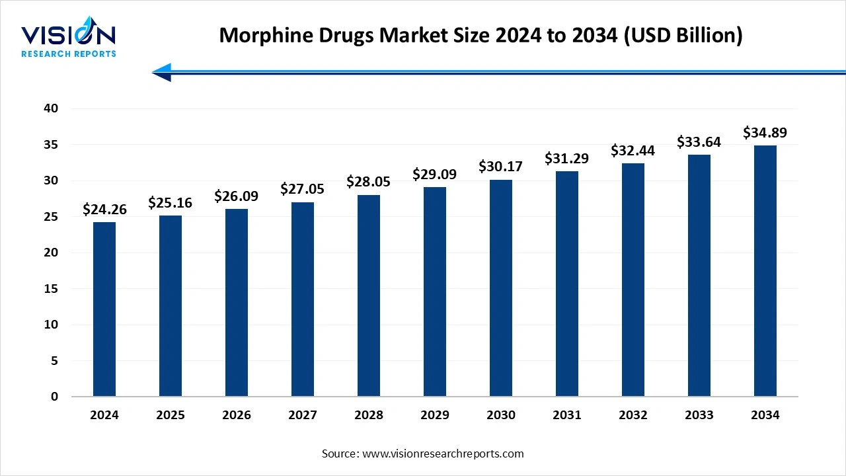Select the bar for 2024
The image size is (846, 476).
coord(104,309)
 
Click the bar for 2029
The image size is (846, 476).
coord(435,292)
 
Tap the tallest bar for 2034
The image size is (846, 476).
coord(765,271)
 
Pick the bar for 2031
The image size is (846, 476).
coord(567,284)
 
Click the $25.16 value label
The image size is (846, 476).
coord(171,202)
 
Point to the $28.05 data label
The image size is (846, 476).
coord(369,182)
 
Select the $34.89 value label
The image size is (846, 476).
coord(765,132)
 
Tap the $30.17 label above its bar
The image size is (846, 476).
coord(501,167)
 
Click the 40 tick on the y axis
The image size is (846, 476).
coord(51,108)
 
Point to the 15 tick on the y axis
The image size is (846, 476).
coord(51,289)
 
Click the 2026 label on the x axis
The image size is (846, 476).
coord(237,415)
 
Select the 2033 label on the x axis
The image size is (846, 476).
coord(699,415)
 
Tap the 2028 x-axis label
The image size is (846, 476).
coord(369,415)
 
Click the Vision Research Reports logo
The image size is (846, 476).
coord(68,40)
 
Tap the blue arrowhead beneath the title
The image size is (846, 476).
coord(163,72)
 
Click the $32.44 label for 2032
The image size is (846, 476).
coord(633,150)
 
